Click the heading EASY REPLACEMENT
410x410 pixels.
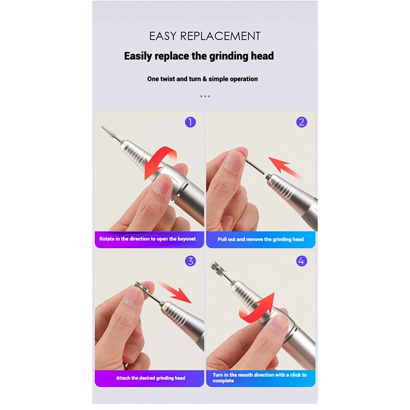pyautogui.click(x=204, y=36)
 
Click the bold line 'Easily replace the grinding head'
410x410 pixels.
pyautogui.click(x=199, y=56)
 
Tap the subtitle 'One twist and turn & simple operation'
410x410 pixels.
pyautogui.click(x=202, y=79)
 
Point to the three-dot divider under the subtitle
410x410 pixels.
pyautogui.click(x=205, y=96)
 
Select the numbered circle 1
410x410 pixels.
pyautogui.click(x=190, y=122)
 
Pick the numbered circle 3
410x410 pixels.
pyautogui.click(x=190, y=261)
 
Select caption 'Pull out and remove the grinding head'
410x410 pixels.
pyautogui.click(x=260, y=239)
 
